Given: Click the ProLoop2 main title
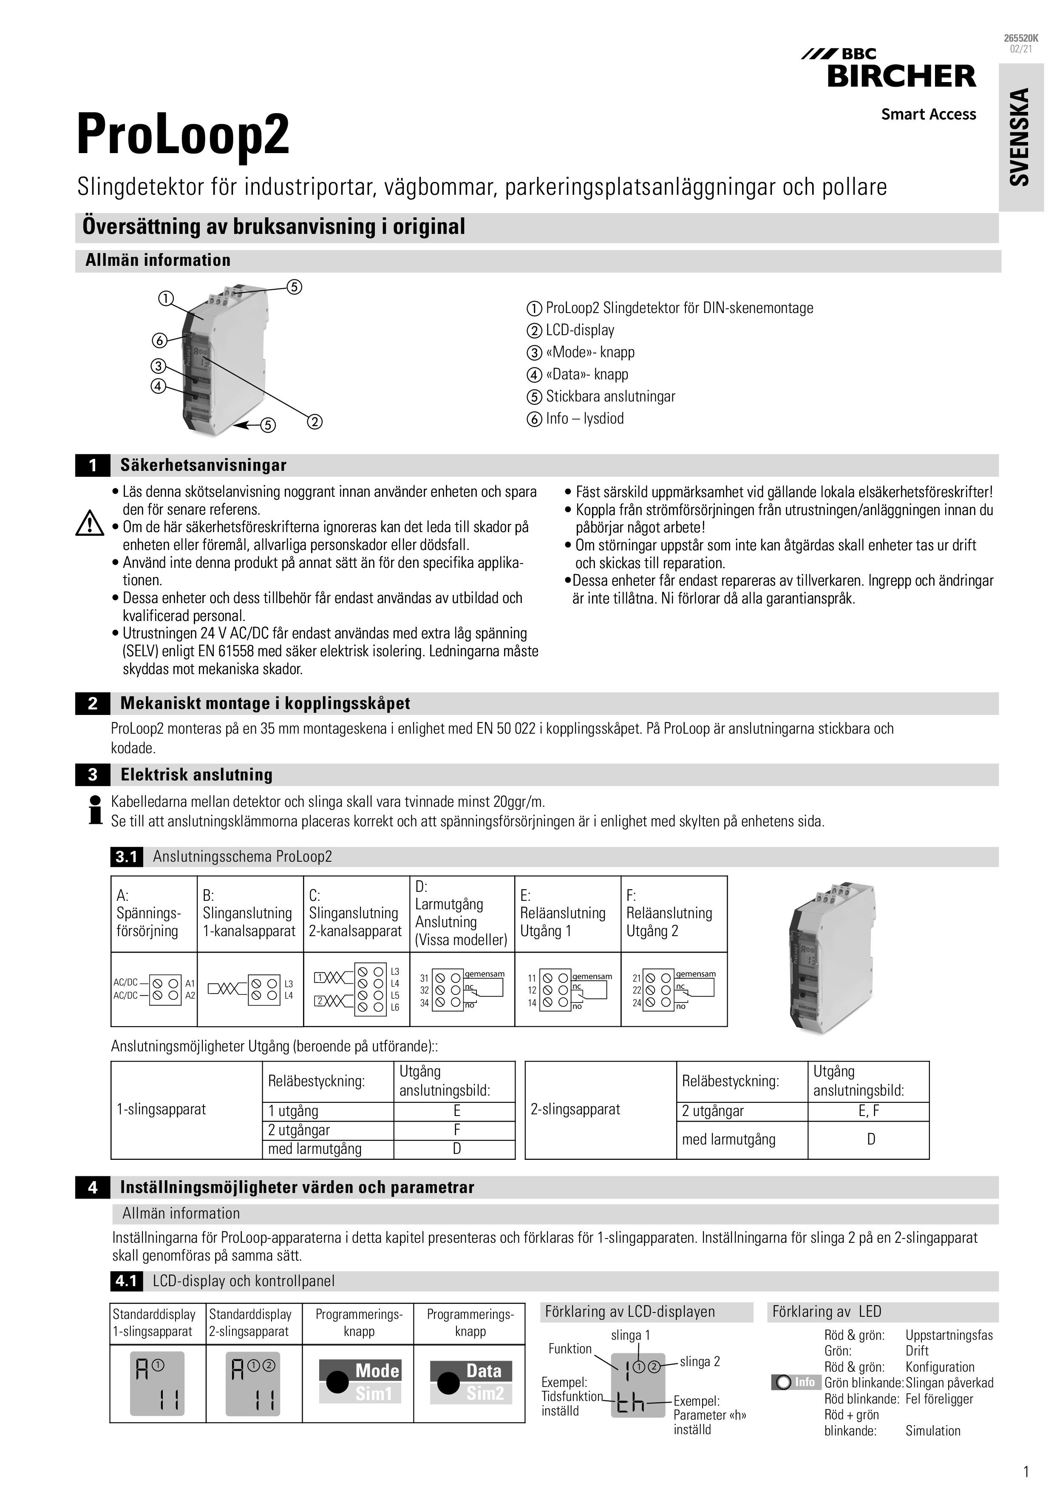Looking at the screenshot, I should pyautogui.click(x=183, y=134).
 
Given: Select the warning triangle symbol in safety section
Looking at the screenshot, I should pyautogui.click(x=90, y=523).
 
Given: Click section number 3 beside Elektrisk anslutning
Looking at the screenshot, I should pyautogui.click(x=92, y=774).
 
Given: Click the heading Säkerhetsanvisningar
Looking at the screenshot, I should pyautogui.click(x=203, y=465).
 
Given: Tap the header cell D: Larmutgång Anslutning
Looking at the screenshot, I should pyautogui.click(x=461, y=913).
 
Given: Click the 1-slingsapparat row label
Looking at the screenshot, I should pyautogui.click(x=161, y=1109).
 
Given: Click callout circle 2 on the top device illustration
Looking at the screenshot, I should pyautogui.click(x=314, y=422).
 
